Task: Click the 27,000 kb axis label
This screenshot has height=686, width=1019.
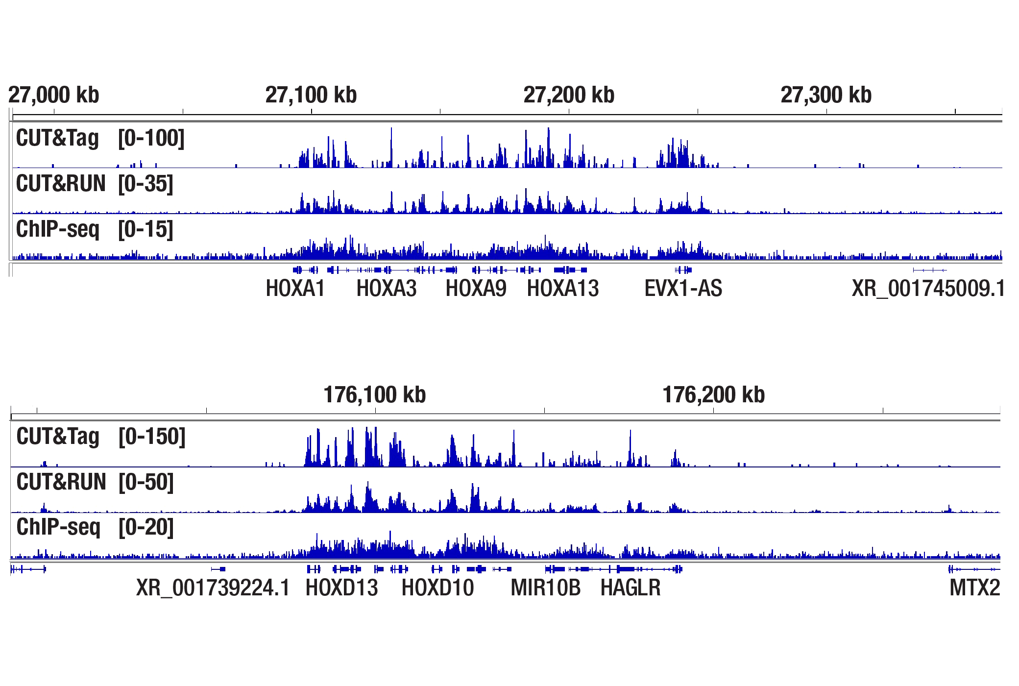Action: click(54, 95)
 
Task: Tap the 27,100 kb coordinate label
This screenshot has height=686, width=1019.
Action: click(311, 95)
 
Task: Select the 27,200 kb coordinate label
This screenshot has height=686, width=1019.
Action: click(569, 95)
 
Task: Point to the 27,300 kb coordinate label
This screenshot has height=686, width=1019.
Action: click(826, 95)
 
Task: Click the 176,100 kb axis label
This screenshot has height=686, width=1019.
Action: click(375, 395)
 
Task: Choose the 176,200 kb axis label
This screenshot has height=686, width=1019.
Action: click(713, 395)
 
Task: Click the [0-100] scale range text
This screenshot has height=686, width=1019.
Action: click(151, 138)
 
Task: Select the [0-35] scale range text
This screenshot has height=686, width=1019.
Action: click(146, 184)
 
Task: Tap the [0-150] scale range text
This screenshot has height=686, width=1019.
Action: click(152, 437)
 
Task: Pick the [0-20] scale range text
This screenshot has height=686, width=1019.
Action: click(146, 527)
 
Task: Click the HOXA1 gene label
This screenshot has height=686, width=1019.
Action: click(295, 288)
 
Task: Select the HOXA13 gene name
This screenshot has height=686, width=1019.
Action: click(563, 288)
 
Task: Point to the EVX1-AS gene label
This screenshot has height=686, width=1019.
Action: click(683, 288)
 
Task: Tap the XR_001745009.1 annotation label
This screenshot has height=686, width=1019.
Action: click(927, 288)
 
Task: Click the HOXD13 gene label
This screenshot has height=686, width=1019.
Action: click(342, 588)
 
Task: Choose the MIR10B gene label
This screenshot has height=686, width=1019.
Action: click(546, 588)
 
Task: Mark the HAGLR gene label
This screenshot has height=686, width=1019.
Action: click(631, 588)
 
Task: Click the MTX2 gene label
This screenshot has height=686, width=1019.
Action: click(974, 588)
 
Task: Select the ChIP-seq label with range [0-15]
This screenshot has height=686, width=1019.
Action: click(58, 229)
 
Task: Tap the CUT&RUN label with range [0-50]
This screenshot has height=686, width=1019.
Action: click(61, 482)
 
